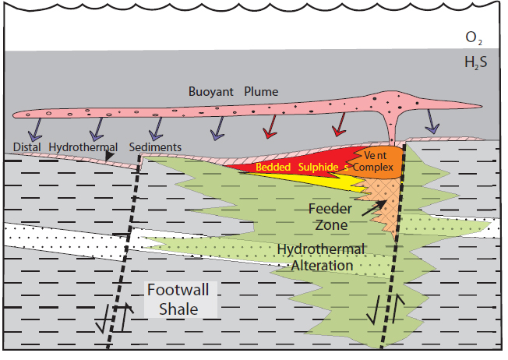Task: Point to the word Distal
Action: (x=27, y=146)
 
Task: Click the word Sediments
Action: (x=156, y=146)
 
